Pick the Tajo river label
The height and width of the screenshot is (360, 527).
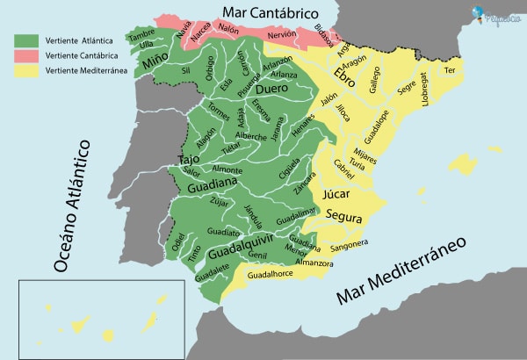[189, 160]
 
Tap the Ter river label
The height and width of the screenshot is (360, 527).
[450, 69]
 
